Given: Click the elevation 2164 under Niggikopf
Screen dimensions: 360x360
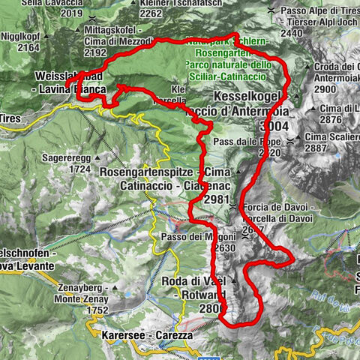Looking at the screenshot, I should [x=28, y=48].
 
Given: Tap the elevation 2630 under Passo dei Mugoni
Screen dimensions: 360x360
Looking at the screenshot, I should [x=224, y=248].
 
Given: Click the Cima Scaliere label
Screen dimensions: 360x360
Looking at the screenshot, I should [x=331, y=138].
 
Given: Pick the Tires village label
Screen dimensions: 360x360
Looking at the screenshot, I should [x=9, y=118].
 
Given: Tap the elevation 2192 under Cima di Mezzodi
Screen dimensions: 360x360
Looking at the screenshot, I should [x=94, y=52].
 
